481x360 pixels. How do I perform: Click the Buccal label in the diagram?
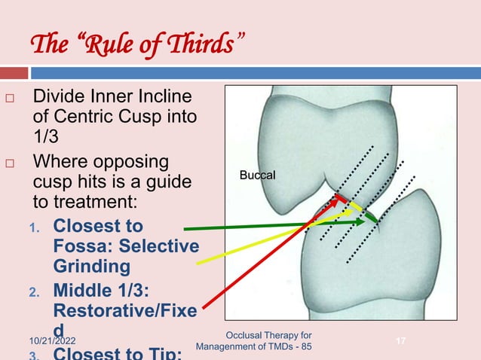(258, 175)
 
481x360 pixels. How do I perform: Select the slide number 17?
(400, 343)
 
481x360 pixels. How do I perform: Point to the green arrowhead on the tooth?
(372, 220)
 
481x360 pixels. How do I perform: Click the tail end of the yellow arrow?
(198, 263)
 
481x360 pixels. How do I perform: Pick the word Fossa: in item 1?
(83, 246)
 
